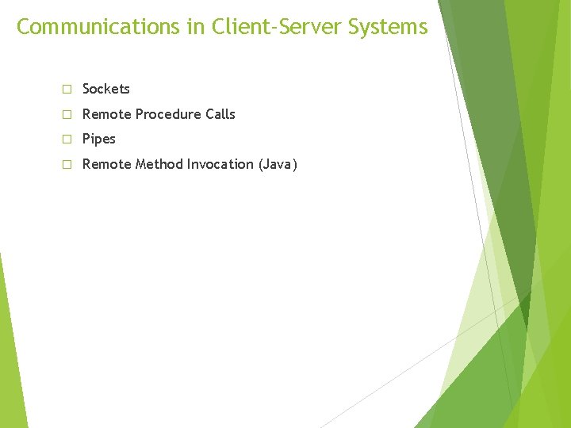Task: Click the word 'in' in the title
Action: tap(196, 27)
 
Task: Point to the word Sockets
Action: tap(106, 89)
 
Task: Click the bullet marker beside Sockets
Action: tap(67, 90)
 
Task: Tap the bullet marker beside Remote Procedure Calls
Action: tap(67, 115)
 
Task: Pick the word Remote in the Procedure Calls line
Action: tap(107, 114)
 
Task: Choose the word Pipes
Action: tap(99, 139)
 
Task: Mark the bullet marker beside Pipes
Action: tap(67, 139)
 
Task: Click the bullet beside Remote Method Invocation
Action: tap(67, 165)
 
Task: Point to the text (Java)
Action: tap(278, 164)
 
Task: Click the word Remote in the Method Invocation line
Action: tap(107, 164)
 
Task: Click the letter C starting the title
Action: tap(24, 27)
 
